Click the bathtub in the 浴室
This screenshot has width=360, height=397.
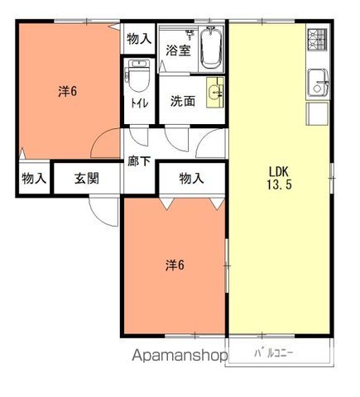point(211,49)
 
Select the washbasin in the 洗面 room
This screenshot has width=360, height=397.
point(215,92)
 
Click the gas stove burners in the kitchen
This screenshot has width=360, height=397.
point(318,40)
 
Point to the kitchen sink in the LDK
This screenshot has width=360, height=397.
point(318,83)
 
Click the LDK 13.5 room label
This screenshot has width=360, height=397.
point(279,178)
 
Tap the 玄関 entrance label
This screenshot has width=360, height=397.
point(87,179)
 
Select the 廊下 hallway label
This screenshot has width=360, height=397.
point(139,161)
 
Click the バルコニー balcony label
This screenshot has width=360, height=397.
point(273,353)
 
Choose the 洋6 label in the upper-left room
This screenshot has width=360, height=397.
point(68,91)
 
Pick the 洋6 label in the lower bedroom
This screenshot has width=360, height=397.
point(175,265)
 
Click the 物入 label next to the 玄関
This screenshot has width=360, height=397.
point(34,179)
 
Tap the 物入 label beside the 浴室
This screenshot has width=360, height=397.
point(139,39)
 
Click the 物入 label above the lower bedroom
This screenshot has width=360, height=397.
point(191,178)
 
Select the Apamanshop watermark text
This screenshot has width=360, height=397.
point(180,356)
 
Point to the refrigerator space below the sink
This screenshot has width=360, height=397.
point(317,113)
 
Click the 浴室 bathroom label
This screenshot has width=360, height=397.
point(178,50)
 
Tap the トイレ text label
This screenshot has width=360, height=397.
point(140,103)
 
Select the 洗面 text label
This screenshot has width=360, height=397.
point(183,101)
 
